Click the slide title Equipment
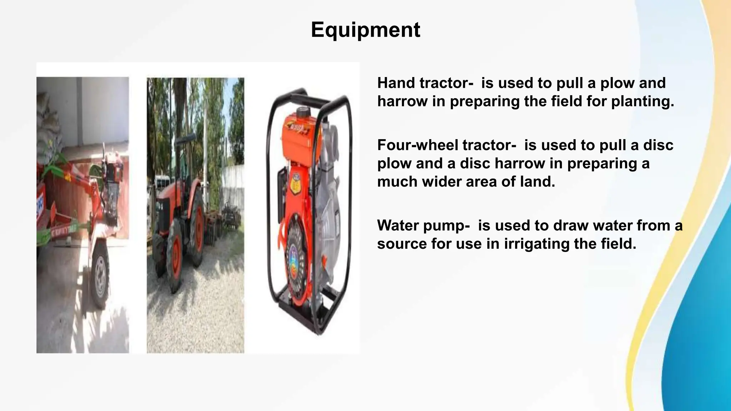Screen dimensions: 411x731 365,30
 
